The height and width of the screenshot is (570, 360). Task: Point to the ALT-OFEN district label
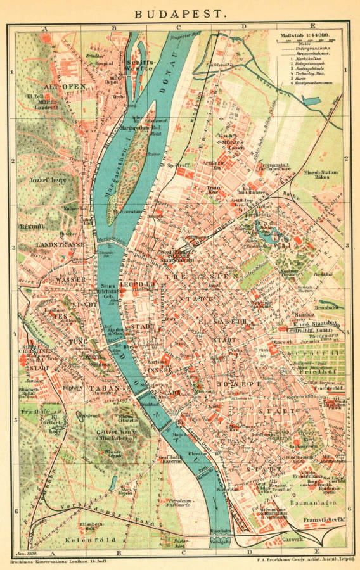click(x=60, y=85)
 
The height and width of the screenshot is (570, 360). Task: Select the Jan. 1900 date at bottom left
click(x=26, y=555)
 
